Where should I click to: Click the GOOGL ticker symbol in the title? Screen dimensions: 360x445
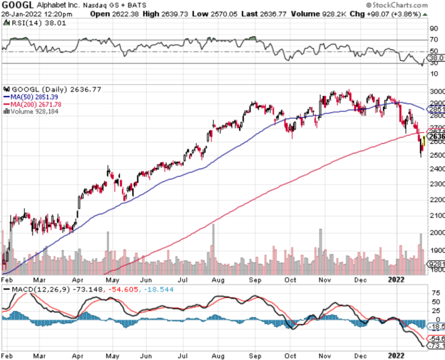19,5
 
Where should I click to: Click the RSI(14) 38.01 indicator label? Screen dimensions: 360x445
26,23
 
